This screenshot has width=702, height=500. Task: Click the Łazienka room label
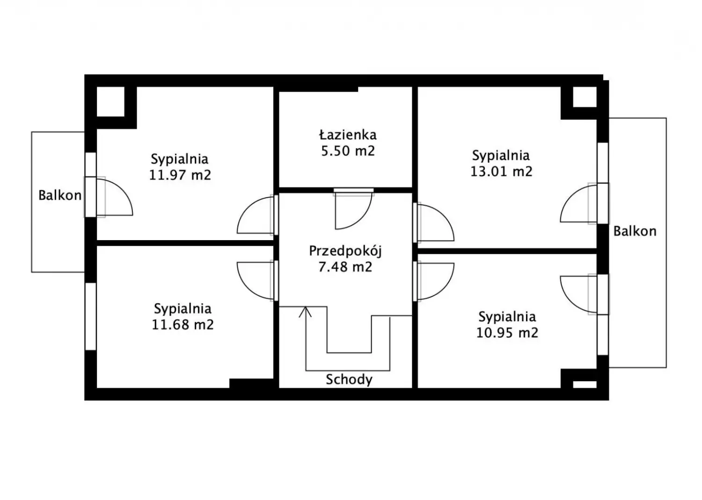[348, 135]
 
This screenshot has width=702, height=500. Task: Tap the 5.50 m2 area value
[348, 151]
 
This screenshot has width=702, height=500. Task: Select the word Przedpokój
[345, 251]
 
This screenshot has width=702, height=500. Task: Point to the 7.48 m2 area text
[345, 267]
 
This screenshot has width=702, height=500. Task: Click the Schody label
[349, 379]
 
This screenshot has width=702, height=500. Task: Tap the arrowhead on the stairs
[305, 311]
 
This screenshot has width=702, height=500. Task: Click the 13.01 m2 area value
[501, 171]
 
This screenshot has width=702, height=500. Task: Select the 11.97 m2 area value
[180, 175]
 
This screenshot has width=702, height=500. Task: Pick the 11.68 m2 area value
[183, 324]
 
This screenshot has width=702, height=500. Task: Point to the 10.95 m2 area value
[507, 333]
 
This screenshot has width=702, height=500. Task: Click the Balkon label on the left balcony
[60, 195]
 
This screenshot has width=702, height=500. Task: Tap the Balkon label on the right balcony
[635, 231]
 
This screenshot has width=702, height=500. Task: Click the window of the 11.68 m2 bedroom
[91, 316]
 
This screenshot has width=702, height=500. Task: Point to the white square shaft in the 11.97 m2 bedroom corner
[110, 101]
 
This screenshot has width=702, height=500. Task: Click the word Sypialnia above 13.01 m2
[501, 156]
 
